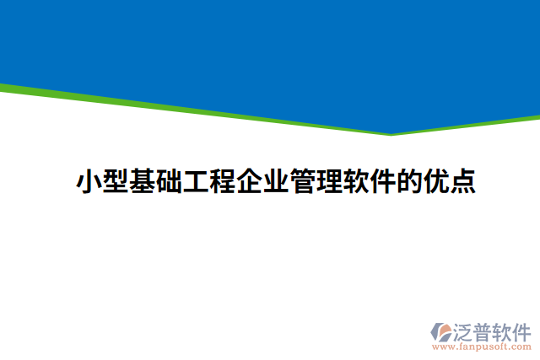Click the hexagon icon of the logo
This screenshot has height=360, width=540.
click(x=442, y=332)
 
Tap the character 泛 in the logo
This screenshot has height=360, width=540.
click(x=465, y=330)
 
